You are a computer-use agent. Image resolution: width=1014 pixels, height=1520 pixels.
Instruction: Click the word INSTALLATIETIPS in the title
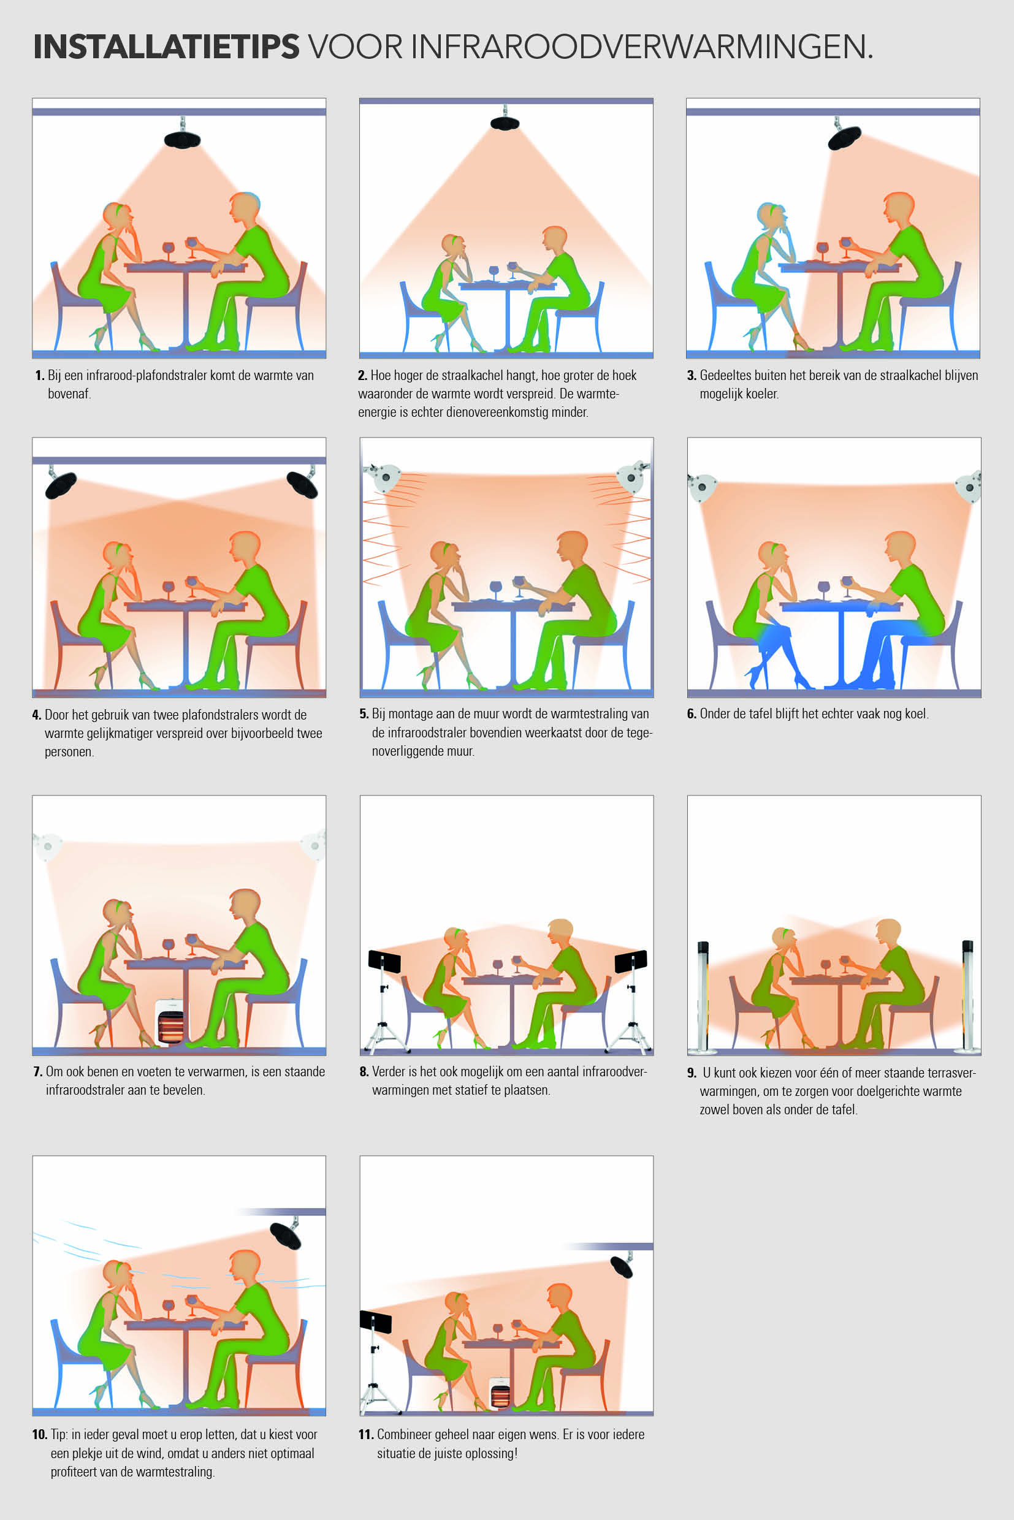click(x=166, y=47)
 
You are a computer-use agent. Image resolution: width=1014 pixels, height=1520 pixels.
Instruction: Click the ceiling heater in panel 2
click(x=505, y=122)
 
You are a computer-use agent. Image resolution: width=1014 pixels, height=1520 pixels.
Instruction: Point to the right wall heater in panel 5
click(x=633, y=477)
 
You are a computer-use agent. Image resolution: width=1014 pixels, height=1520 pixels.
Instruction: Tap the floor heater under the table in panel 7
click(x=170, y=1022)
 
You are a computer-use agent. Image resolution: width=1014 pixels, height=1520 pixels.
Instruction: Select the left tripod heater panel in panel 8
click(x=384, y=962)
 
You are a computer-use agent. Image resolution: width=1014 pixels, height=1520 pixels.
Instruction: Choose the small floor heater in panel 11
click(x=500, y=1392)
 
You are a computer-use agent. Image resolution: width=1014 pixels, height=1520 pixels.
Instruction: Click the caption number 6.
click(x=692, y=714)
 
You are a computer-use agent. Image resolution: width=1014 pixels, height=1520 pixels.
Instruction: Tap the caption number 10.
click(x=39, y=1435)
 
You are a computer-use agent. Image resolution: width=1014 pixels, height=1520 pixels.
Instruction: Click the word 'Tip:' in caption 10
click(x=59, y=1435)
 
